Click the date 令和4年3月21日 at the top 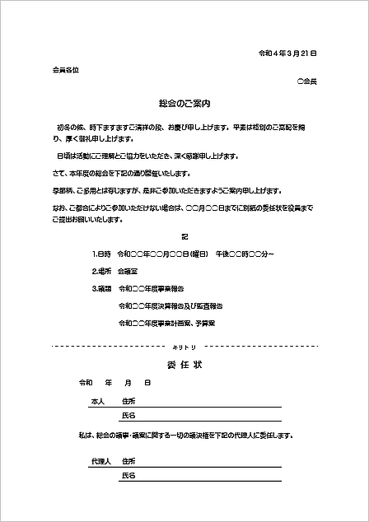[288, 53]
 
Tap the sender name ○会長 [306, 82]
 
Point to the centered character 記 [184, 237]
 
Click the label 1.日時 [103, 254]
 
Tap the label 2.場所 [103, 271]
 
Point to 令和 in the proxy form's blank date [86, 384]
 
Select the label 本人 [98, 401]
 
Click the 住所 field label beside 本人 [128, 401]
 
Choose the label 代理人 [100, 461]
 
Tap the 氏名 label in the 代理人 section [128, 476]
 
